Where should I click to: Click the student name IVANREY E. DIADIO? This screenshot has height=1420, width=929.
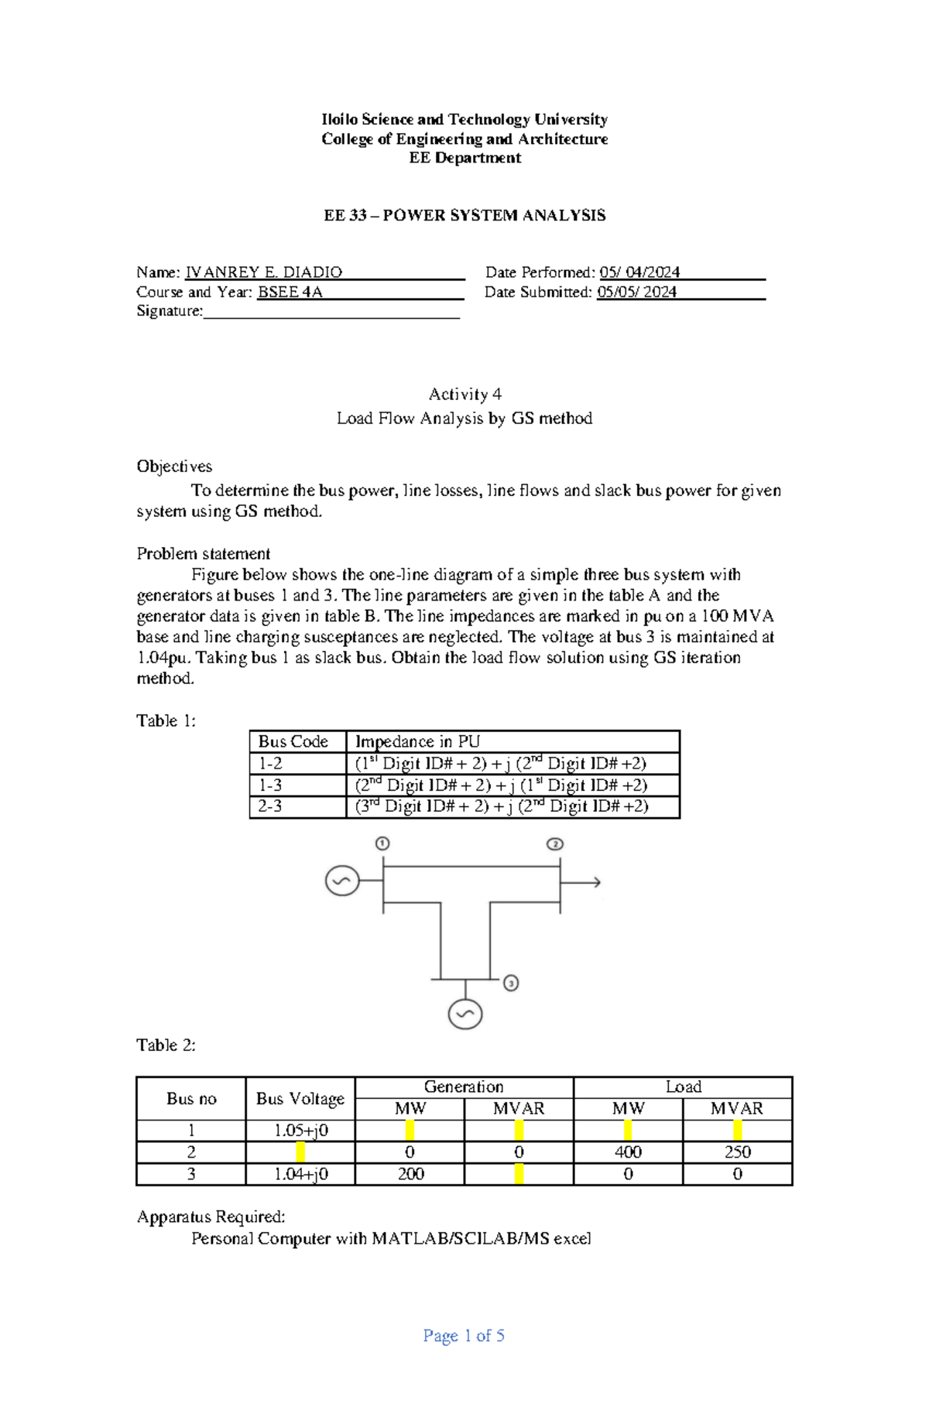click(x=263, y=272)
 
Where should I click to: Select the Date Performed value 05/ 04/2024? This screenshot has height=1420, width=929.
click(x=639, y=272)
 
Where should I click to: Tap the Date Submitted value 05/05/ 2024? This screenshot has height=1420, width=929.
click(x=636, y=292)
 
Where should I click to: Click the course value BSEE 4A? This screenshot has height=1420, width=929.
click(x=290, y=292)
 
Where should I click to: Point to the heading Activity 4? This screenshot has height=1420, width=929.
click(x=464, y=395)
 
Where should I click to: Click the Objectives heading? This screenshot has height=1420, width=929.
click(x=174, y=467)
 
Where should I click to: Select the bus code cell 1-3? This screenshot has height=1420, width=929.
click(x=270, y=785)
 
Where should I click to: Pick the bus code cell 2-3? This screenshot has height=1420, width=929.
click(x=270, y=806)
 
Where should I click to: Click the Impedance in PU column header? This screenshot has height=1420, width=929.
click(x=417, y=741)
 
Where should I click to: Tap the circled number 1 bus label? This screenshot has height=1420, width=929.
click(x=382, y=843)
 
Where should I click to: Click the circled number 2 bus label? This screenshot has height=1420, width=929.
click(x=554, y=843)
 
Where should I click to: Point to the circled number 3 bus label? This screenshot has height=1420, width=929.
click(x=511, y=983)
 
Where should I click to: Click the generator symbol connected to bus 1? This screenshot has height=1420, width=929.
click(x=341, y=881)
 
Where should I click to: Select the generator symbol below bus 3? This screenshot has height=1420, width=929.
click(x=465, y=1014)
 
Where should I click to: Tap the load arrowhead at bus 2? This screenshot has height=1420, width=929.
click(x=596, y=882)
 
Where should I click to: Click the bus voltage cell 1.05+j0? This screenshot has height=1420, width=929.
click(x=300, y=1131)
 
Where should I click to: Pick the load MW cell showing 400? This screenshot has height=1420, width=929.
click(x=628, y=1152)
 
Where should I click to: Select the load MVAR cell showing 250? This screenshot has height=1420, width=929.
click(x=737, y=1152)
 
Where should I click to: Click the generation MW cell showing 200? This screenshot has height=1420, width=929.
click(x=410, y=1174)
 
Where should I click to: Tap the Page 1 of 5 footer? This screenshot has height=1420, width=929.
click(x=464, y=1336)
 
